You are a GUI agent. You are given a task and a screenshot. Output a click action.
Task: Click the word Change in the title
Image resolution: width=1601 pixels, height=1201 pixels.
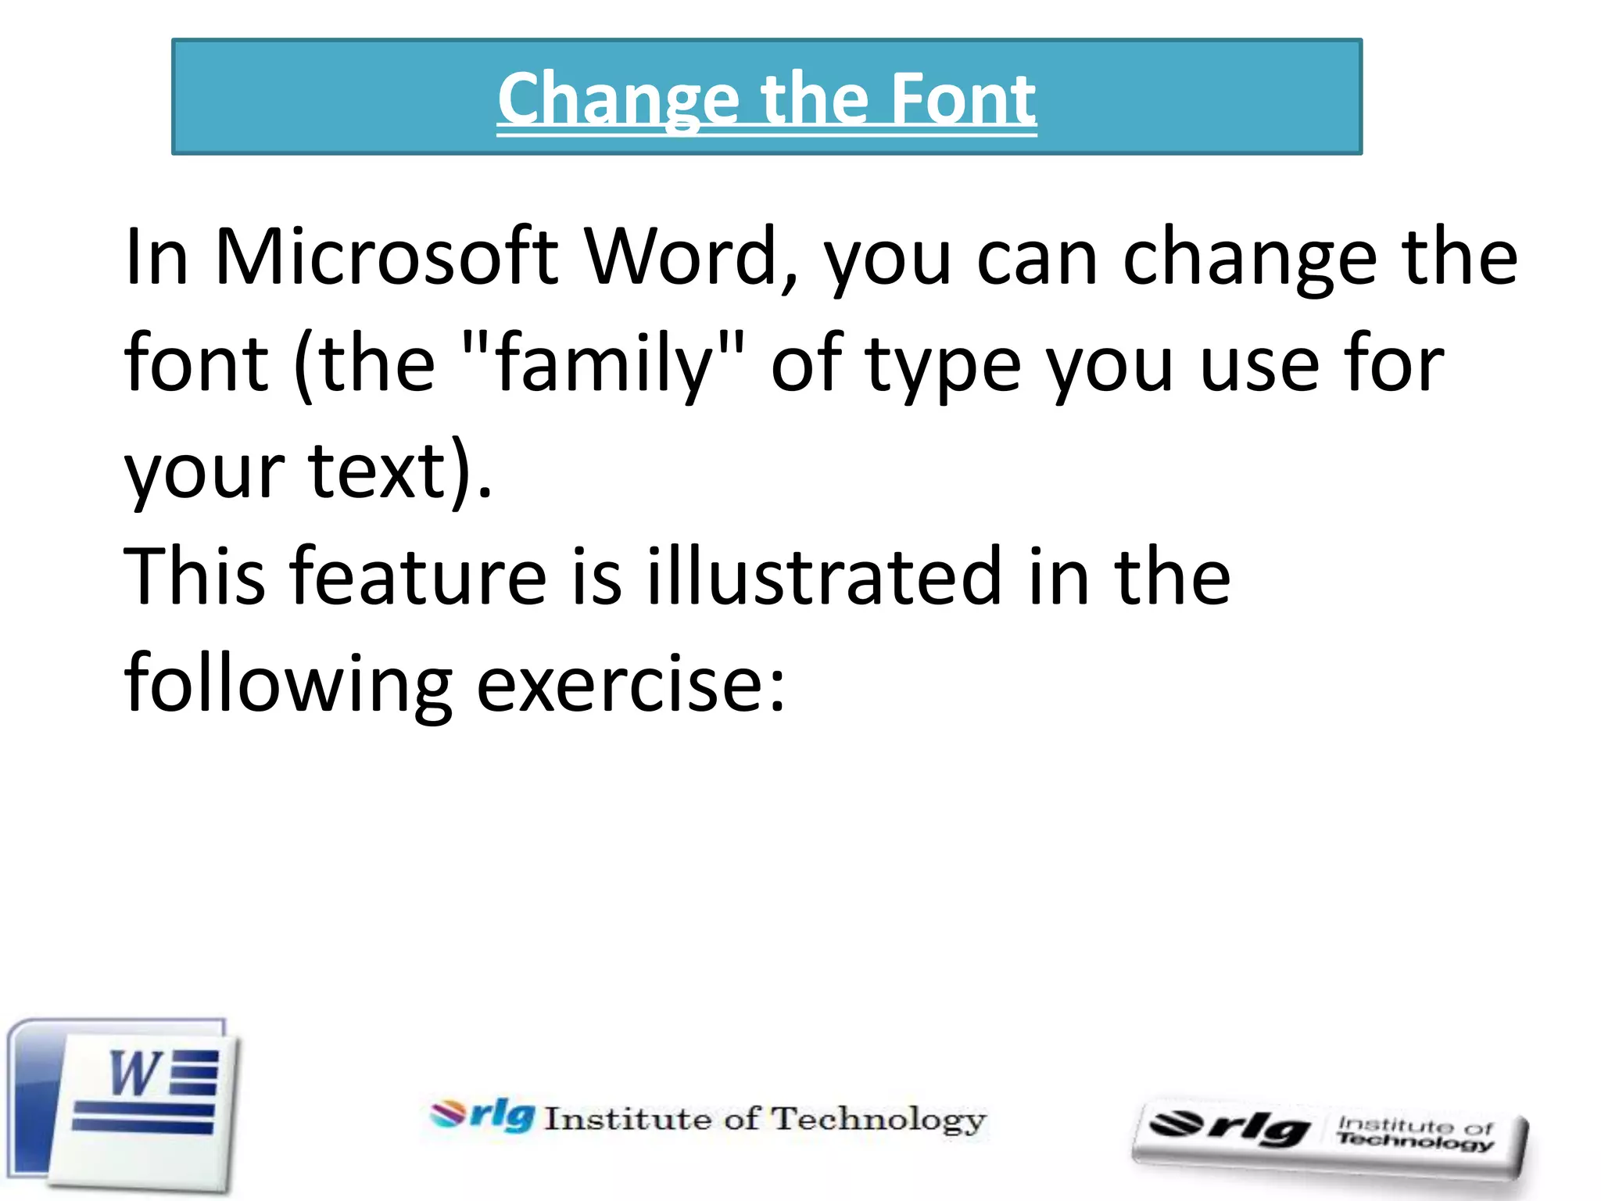coord(618,100)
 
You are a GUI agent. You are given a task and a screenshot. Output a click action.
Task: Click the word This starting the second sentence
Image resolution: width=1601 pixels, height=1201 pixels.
coord(195,576)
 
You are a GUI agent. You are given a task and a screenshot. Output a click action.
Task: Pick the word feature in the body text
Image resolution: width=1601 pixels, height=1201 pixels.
coord(418,576)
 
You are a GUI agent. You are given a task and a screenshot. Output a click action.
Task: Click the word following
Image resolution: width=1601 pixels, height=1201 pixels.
coord(288,685)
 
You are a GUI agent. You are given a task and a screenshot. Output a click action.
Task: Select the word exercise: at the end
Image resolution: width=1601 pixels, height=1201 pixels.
coord(630,683)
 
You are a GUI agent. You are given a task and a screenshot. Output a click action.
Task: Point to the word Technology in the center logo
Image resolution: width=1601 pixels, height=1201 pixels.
coord(879,1120)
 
